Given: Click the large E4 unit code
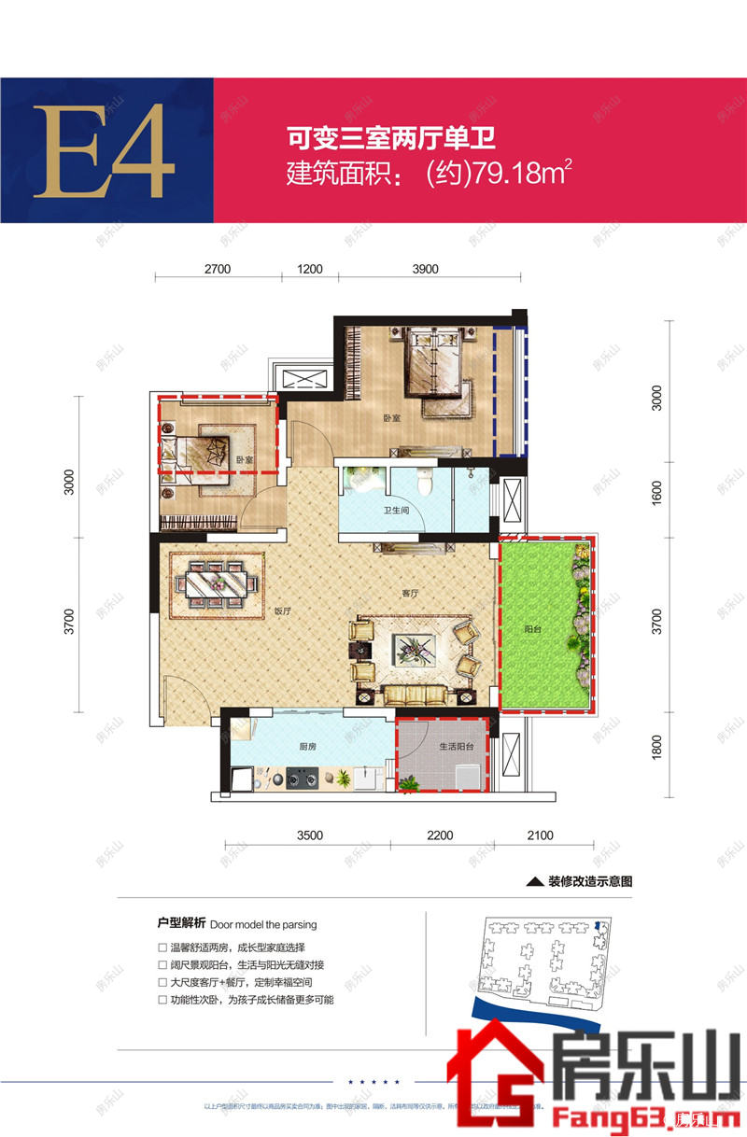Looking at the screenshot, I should [105, 151].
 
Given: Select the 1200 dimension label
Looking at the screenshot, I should [310, 270].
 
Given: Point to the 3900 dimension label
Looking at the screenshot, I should [425, 270].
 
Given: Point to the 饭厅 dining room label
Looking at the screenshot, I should [283, 612].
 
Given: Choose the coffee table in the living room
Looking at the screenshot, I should [411, 644].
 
